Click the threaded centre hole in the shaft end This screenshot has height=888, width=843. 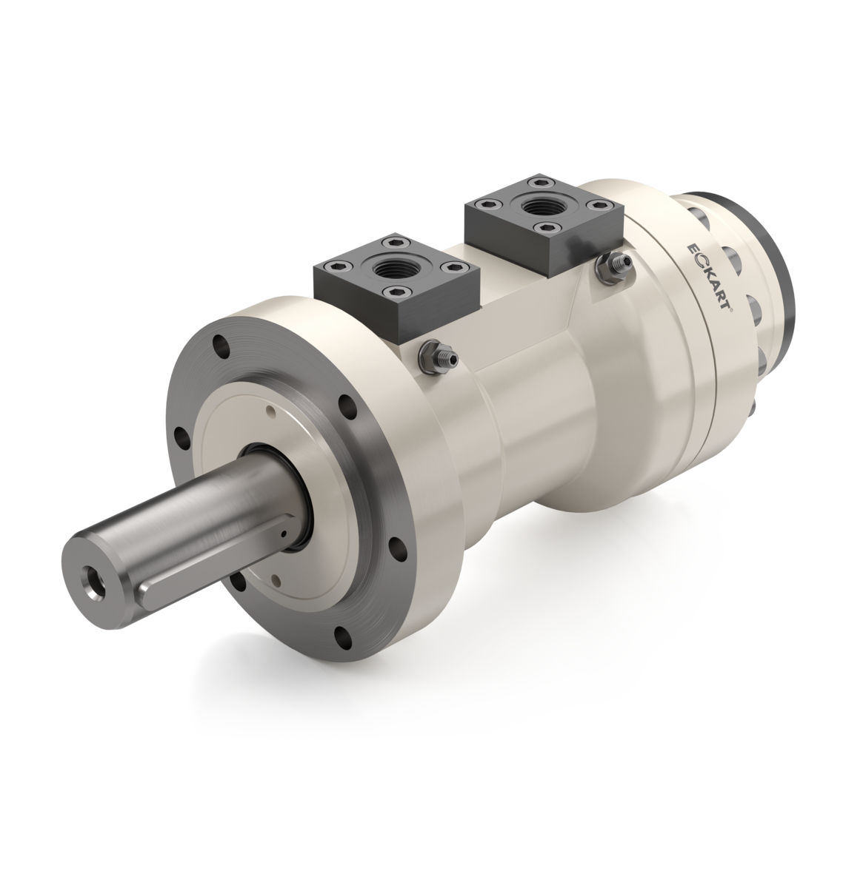pyautogui.click(x=94, y=578)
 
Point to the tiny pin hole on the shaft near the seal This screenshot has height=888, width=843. pyautogui.click(x=282, y=531)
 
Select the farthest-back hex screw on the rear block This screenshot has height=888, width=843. pyautogui.click(x=533, y=181)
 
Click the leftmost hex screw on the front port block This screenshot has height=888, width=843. pyautogui.click(x=339, y=269)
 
